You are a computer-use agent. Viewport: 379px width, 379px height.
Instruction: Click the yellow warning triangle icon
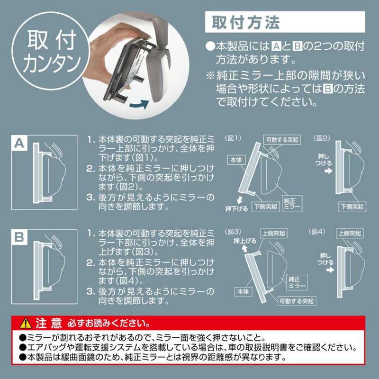pos(26,323)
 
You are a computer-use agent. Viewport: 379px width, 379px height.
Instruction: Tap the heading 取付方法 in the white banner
pos(246,22)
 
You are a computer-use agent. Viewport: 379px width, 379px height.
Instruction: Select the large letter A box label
pos(19,143)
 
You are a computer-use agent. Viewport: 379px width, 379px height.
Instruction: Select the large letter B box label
pos(19,237)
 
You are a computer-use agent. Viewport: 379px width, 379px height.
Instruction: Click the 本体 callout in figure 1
pos(236,160)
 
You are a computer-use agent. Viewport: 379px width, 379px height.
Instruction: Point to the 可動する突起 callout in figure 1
pos(282,140)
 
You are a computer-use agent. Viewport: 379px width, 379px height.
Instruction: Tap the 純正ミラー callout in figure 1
pos(292,204)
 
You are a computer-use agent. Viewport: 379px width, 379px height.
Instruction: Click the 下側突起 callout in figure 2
pos(352,207)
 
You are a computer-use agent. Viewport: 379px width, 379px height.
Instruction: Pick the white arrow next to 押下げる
pos(239,200)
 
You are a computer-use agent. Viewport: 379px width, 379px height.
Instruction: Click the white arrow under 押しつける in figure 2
pos(328,171)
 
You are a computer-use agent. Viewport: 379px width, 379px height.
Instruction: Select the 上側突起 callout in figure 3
pos(274,233)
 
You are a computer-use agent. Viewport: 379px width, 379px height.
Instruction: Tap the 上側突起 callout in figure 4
pos(350,233)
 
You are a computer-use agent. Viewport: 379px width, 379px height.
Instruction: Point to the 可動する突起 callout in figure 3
pos(297,301)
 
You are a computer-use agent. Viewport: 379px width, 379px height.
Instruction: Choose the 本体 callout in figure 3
pos(243,291)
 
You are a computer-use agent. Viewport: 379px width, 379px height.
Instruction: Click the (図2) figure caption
pos(322,138)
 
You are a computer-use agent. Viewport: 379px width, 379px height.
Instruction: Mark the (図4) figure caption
pos(317,232)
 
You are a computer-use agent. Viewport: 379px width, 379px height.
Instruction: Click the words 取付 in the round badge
pos(52,40)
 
